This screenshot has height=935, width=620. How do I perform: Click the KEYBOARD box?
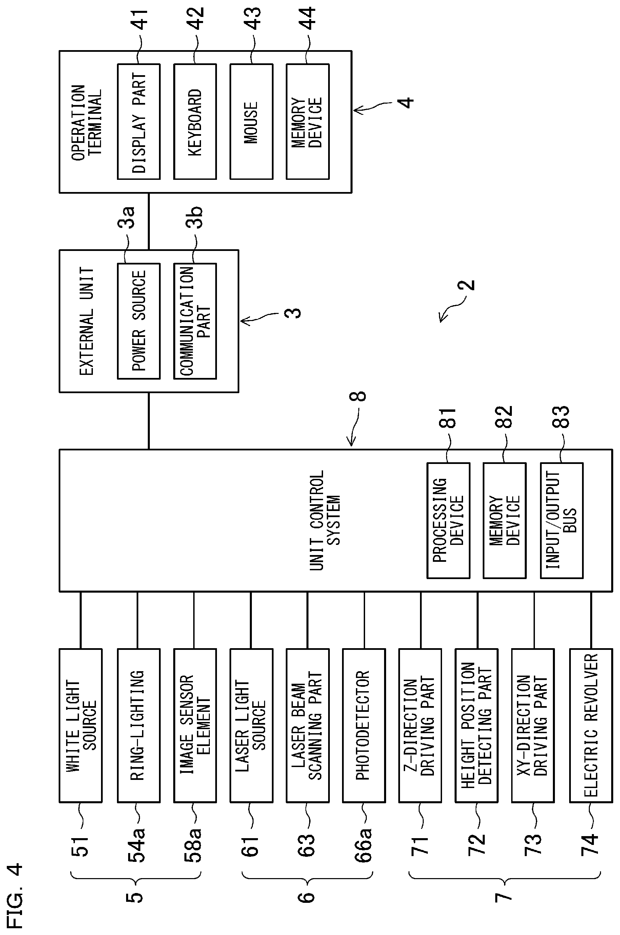195,122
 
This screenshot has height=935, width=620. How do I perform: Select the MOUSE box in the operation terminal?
252,122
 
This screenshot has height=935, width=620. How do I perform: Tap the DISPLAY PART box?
139,122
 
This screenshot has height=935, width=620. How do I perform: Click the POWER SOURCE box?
139,321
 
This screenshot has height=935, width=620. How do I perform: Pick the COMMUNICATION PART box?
195,321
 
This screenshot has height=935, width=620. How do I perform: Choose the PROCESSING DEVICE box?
448,520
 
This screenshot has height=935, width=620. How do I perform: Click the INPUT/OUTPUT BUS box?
561,520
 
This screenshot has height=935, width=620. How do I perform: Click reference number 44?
307,19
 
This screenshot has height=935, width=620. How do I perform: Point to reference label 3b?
194,217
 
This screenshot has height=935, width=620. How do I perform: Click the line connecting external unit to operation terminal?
149,221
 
